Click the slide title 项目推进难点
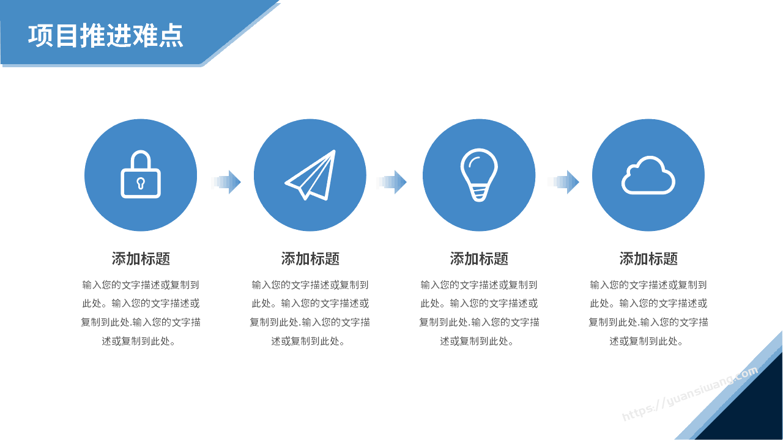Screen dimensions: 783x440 (x=106, y=35)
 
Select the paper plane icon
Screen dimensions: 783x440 (x=311, y=175)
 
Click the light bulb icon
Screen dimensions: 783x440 (x=479, y=175)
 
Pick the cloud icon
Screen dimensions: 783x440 (x=648, y=175)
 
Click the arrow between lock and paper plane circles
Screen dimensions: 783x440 (x=226, y=182)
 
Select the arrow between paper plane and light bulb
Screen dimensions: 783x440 (x=392, y=182)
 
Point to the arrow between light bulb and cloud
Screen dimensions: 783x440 (x=564, y=182)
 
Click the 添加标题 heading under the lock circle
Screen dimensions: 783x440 (x=141, y=258)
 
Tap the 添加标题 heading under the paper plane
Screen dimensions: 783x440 (x=310, y=258)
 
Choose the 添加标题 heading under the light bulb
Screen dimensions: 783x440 (x=479, y=258)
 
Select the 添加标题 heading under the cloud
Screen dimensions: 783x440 (x=648, y=258)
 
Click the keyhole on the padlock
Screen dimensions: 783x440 (x=141, y=183)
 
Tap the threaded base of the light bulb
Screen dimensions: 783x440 (x=479, y=194)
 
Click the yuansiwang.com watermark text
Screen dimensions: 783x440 (x=691, y=394)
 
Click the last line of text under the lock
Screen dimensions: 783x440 (x=138, y=341)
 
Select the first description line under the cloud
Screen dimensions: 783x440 (x=648, y=285)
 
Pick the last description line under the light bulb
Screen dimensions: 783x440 (x=477, y=341)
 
